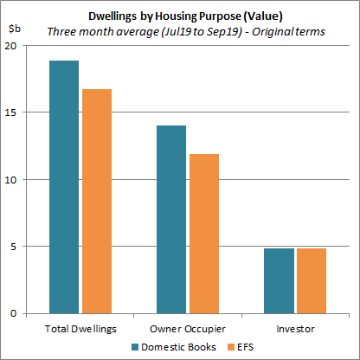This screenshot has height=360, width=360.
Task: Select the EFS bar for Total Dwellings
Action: coord(96,201)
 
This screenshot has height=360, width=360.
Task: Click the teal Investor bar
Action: coord(279,280)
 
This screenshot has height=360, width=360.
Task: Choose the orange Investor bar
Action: coord(311,280)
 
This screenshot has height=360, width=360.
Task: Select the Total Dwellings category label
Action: coord(80,329)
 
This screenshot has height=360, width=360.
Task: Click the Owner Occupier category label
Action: coord(187,329)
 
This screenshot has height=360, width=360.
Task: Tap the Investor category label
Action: coord(294,329)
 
